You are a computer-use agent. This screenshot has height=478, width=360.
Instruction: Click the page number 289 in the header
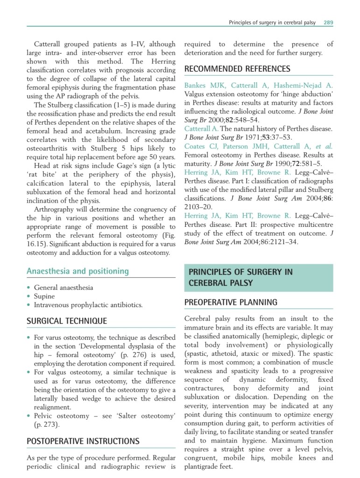coord(328,22)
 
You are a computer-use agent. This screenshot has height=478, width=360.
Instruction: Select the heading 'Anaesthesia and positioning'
coord(78,271)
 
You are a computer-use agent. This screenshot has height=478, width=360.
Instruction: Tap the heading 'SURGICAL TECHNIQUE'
coord(67,321)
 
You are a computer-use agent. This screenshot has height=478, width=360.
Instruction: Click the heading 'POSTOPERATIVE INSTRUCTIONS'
coord(83,441)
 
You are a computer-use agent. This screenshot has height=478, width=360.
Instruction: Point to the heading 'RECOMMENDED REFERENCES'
coord(237,69)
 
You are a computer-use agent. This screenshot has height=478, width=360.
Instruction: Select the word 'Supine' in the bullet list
coord(44,296)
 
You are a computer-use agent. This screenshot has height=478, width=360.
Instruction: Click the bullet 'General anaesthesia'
coord(64,288)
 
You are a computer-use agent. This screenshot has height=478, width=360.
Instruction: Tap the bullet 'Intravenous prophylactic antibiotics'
coord(88,305)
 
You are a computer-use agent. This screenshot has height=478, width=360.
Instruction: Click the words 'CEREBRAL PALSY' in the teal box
coord(218,283)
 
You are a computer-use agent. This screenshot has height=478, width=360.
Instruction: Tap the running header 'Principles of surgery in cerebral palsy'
coord(272,22)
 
